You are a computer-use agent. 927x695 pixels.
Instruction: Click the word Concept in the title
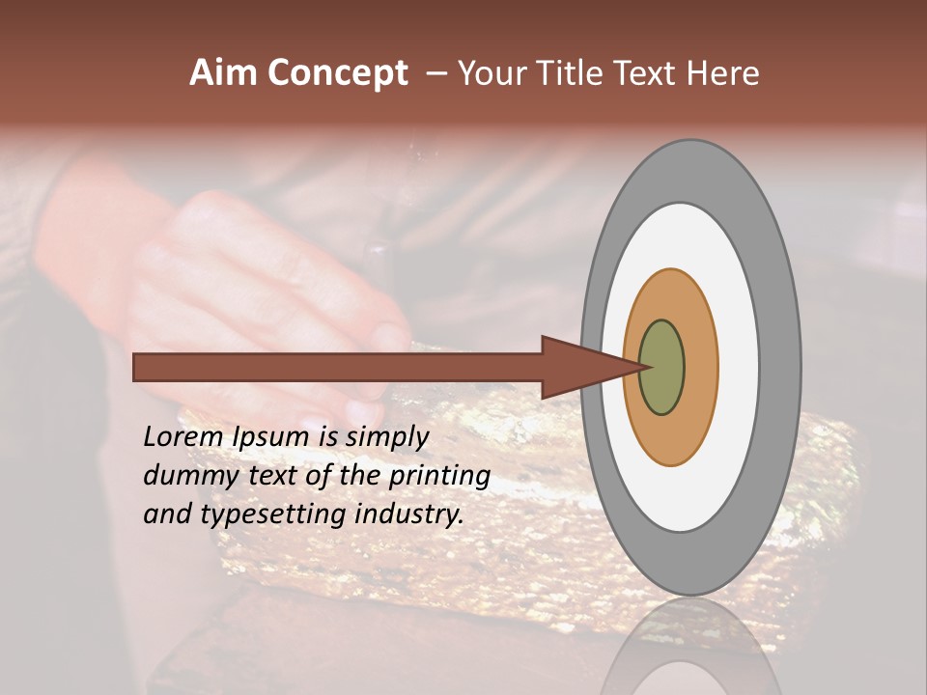pyautogui.click(x=338, y=73)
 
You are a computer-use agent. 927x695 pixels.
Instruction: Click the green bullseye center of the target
pyautogui.click(x=662, y=368)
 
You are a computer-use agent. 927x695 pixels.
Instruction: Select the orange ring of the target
pyautogui.click(x=701, y=368)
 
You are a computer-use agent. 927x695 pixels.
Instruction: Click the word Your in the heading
pyautogui.click(x=491, y=73)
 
